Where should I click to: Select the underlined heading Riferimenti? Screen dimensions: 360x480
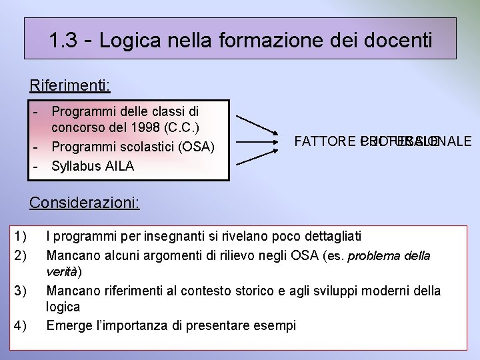[70, 86]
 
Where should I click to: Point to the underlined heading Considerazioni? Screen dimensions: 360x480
[85, 203]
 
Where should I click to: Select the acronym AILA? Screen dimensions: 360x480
[120, 166]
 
